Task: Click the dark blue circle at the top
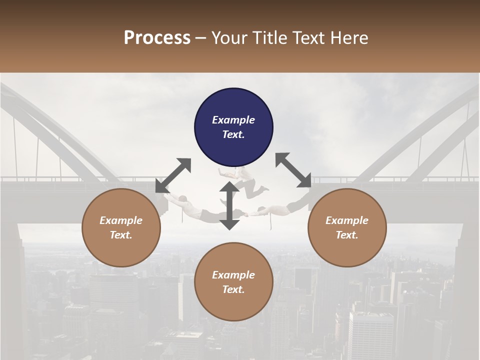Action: (x=233, y=127)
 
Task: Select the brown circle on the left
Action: (x=121, y=227)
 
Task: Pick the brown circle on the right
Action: (x=346, y=227)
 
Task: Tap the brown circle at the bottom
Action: (x=233, y=282)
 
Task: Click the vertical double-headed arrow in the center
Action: (x=229, y=205)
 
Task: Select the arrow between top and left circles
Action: (x=173, y=175)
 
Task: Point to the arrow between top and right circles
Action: (x=293, y=170)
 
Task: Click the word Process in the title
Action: (x=157, y=37)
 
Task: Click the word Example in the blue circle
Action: (x=233, y=120)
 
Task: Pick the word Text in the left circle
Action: (x=121, y=235)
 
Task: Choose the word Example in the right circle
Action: (x=346, y=220)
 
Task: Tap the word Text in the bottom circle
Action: (x=233, y=289)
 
